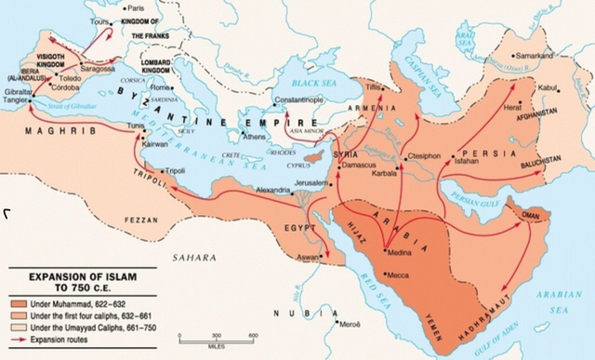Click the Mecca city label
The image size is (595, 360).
[403, 275]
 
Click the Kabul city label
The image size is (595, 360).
[549, 88]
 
